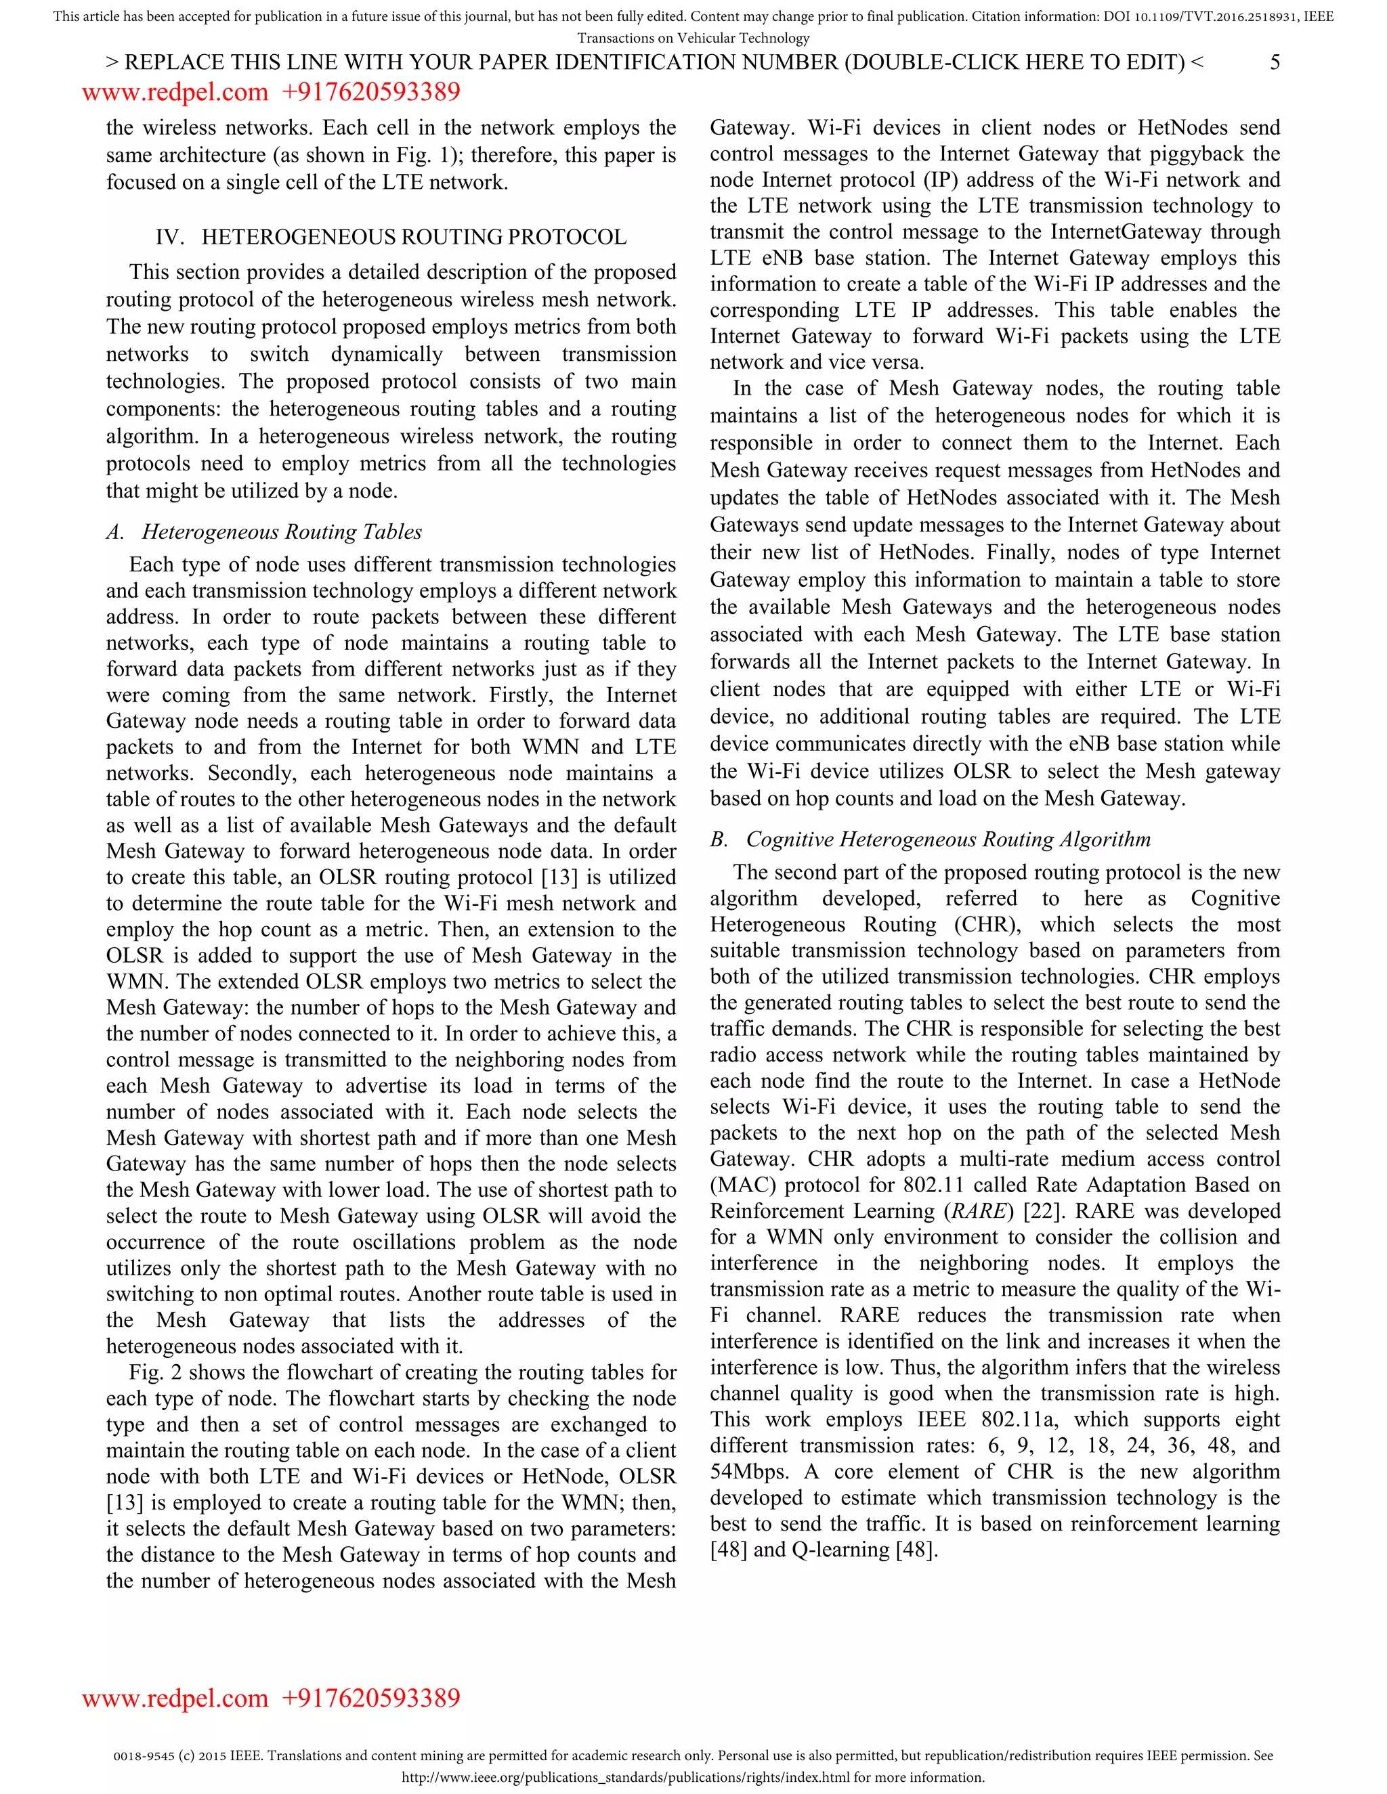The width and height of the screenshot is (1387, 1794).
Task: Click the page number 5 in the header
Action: [1275, 62]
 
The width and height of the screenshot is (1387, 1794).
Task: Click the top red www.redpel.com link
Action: [175, 91]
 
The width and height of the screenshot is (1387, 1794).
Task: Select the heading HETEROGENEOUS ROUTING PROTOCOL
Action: [413, 238]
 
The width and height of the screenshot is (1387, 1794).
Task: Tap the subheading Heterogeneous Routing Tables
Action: [282, 532]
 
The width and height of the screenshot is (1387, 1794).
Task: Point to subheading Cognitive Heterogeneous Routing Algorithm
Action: [947, 839]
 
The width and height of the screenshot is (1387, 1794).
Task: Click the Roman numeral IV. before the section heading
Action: [169, 238]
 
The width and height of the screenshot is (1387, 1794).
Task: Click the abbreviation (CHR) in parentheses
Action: [987, 925]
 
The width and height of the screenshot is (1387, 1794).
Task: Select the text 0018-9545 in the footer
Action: [140, 1755]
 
